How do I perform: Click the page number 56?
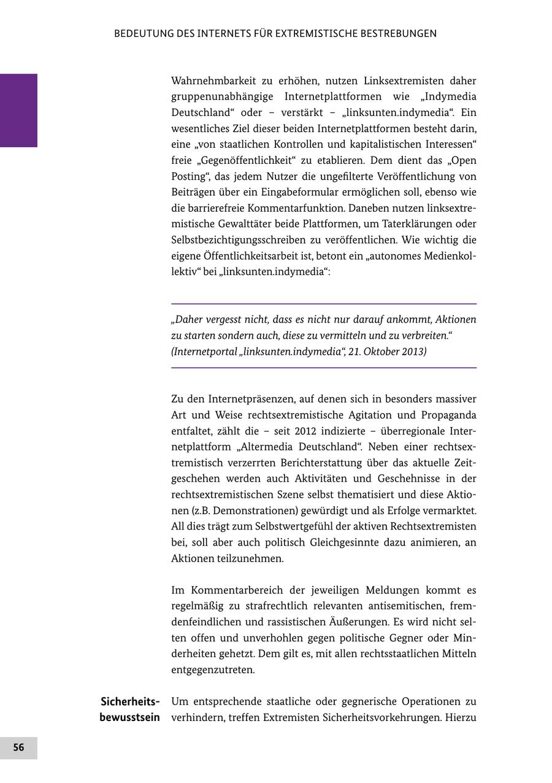pyautogui.click(x=18, y=747)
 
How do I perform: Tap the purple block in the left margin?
pyautogui.click(x=18, y=110)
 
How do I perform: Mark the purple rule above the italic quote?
pyautogui.click(x=324, y=304)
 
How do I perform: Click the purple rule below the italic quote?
pyautogui.click(x=324, y=368)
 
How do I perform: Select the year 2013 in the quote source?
pyautogui.click(x=415, y=352)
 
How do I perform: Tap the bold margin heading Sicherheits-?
pyautogui.click(x=130, y=701)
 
